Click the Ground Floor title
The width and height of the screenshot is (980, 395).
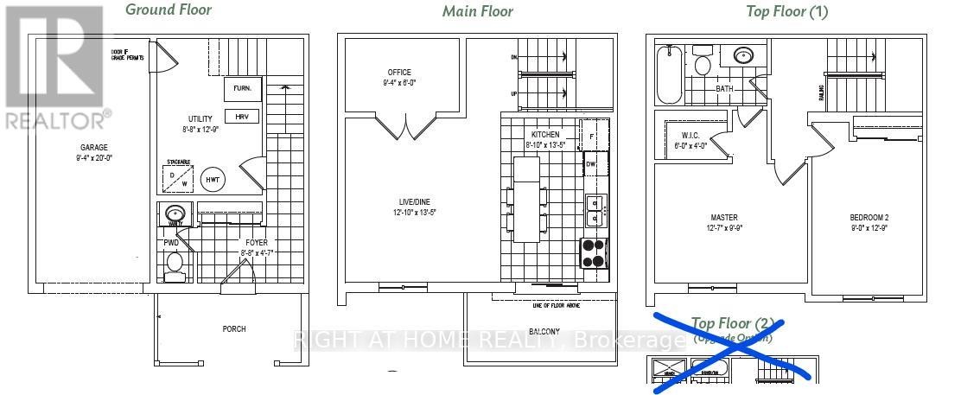coord(169,10)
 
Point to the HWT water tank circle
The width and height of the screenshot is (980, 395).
coord(212,180)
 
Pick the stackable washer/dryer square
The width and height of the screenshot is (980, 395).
coord(179,179)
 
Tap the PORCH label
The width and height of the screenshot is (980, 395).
coord(233,328)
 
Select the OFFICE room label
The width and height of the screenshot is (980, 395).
coord(399,73)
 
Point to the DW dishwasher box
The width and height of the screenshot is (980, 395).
coord(591,164)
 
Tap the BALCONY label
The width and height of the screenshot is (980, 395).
coord(540,331)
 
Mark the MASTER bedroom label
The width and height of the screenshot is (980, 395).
coord(724,217)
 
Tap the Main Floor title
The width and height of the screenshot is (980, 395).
coord(477,11)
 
